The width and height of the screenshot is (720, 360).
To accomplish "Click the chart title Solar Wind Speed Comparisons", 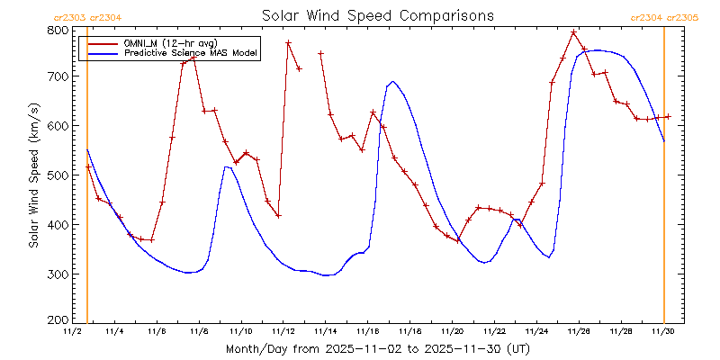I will [377, 15].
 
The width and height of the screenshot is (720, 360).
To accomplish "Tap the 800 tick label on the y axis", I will [58, 30].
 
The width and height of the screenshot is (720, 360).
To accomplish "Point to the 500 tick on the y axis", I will [58, 175].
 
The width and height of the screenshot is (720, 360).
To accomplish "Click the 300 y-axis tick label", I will [58, 274].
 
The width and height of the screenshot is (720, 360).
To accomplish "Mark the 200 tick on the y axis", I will [58, 319].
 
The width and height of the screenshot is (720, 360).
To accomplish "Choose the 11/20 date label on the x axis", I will [452, 332].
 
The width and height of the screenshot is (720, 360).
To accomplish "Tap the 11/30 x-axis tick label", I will [663, 332].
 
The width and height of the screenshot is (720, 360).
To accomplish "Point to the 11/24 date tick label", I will [536, 332].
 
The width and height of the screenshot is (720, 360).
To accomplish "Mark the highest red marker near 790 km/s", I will [573, 32].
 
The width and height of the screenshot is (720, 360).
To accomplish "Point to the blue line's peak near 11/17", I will [393, 82].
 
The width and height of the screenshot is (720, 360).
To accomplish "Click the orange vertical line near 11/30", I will [664, 180].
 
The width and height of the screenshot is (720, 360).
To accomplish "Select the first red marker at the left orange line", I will [87, 167].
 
